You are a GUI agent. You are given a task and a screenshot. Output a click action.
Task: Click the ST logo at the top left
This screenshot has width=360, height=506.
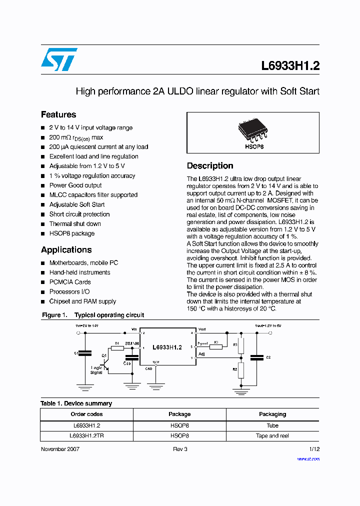[59, 59]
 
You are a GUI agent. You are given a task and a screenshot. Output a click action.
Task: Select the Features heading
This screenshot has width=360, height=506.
[58, 114]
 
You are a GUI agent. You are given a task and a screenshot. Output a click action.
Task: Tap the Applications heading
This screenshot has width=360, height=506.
[66, 250]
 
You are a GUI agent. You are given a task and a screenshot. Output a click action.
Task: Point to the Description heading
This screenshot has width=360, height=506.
[210, 166]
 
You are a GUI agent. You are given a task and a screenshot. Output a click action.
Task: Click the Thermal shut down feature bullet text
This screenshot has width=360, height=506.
[75, 224]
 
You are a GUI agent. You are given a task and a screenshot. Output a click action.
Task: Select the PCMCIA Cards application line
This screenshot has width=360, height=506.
[70, 282]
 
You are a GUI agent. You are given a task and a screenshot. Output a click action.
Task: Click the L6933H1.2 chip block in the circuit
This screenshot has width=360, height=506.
[167, 347]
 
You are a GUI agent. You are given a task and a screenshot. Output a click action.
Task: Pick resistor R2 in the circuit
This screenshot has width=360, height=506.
[241, 370]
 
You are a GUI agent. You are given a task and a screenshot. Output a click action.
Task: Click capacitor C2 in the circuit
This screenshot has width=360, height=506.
[257, 357]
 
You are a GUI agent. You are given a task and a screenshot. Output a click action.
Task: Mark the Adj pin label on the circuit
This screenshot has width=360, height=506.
[201, 354]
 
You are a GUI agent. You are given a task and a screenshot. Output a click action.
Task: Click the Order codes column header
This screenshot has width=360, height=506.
[86, 414]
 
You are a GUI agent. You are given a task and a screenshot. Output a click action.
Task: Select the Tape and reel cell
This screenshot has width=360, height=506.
[272, 435]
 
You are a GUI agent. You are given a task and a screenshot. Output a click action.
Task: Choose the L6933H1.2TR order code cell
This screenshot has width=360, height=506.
[86, 435]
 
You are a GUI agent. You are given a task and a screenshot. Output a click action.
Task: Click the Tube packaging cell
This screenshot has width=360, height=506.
[272, 425]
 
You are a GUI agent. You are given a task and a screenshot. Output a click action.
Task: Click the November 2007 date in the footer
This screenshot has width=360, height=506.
[60, 449]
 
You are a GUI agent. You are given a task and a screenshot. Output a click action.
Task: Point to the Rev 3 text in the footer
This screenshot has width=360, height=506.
[180, 449]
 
